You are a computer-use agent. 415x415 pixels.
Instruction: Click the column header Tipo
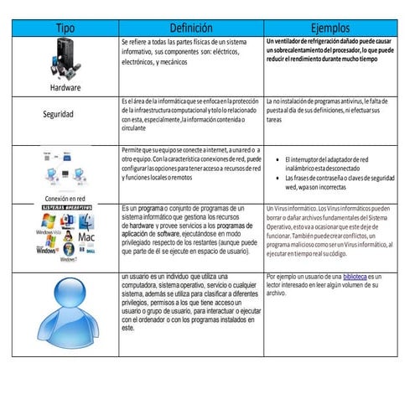(65, 28)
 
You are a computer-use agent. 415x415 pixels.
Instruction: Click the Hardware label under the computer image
(65, 86)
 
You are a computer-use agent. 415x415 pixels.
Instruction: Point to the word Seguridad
(65, 113)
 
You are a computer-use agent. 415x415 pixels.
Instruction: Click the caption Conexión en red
(65, 198)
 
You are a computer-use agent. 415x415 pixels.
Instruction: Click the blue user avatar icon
(65, 310)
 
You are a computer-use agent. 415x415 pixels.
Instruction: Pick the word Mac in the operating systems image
(86, 237)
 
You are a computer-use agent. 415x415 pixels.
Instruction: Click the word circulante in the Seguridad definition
(136, 130)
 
